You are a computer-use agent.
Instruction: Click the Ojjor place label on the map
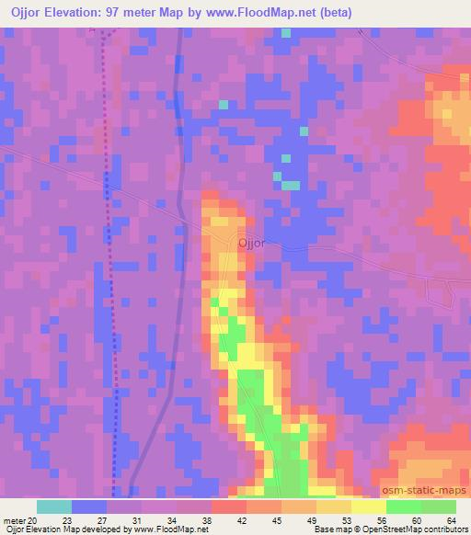[251, 244]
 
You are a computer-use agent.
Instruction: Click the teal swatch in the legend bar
[53, 507]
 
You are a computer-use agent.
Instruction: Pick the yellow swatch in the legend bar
[368, 507]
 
